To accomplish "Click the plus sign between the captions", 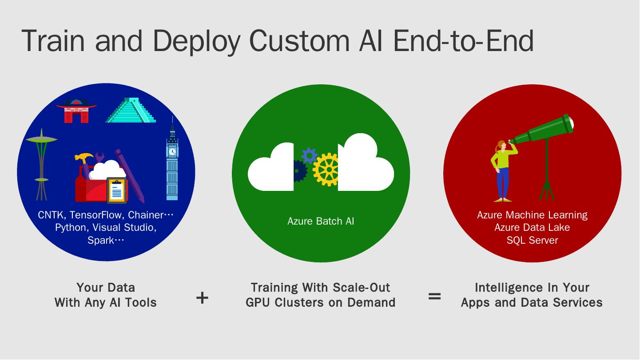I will pos(202,297).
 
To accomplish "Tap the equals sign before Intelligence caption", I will pos(434,296).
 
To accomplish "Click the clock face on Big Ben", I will pos(172,151).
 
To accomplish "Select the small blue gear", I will pos(309,156).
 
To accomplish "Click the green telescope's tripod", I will pos(547,178).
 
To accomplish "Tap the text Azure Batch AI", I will pos(321,221).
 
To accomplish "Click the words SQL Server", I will pos(532,240).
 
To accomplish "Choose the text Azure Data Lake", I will pos(532,227).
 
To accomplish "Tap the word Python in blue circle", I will pos(70,227).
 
